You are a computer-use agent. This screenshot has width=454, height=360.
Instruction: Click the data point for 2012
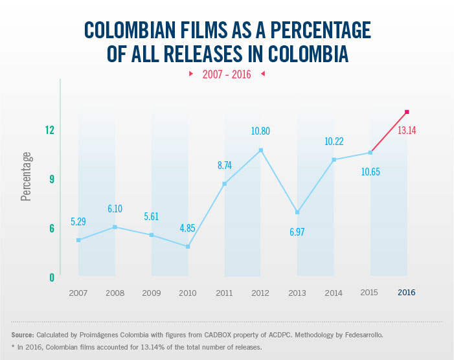point(261,150)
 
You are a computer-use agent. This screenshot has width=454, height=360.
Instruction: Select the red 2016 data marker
point(407,112)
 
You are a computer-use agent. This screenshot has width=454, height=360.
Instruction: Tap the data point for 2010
point(188,247)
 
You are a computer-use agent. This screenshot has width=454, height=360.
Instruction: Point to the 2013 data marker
point(297,212)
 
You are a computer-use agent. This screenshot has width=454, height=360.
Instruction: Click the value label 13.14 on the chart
point(406,130)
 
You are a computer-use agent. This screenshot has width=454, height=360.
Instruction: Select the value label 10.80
point(260,131)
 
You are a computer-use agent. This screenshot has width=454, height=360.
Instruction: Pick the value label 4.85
point(188,227)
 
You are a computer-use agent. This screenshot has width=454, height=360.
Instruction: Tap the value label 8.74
point(224,165)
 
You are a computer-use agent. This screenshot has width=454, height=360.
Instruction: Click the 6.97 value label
point(297,231)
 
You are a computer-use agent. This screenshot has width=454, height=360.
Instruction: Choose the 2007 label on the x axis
point(78,293)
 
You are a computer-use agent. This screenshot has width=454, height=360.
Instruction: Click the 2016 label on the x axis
point(406,293)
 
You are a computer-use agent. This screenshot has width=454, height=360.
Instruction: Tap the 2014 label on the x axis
point(334,293)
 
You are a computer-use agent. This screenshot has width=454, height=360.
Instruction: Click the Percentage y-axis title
point(26,176)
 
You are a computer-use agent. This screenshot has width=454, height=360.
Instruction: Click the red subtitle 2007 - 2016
point(227,74)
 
